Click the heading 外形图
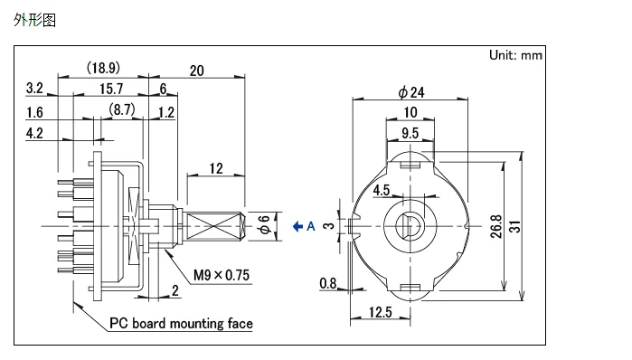click(x=34, y=19)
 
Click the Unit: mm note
click(x=515, y=55)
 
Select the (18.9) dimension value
click(x=104, y=67)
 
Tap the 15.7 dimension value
click(x=111, y=89)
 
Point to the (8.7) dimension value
click(x=122, y=109)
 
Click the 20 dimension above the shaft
click(x=197, y=71)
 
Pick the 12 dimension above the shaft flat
click(x=216, y=168)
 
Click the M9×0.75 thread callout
click(x=222, y=275)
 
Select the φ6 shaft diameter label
click(x=264, y=224)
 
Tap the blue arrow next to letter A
click(x=297, y=226)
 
